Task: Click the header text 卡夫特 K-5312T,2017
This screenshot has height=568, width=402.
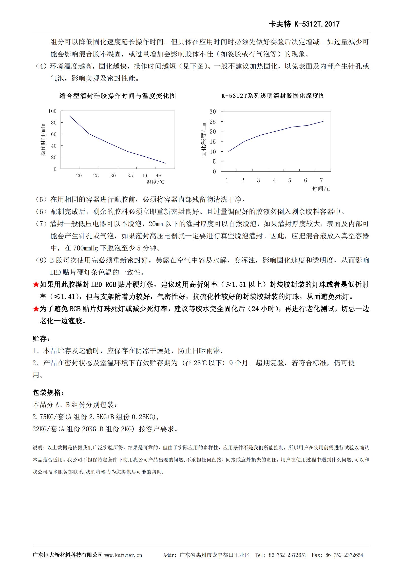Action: (x=304, y=24)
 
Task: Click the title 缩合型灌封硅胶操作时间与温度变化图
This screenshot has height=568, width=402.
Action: (x=118, y=96)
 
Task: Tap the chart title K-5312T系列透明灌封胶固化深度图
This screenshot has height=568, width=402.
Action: (x=273, y=96)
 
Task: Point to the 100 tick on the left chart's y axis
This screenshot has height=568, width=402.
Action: (x=52, y=111)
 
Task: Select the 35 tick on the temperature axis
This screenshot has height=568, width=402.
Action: (x=130, y=176)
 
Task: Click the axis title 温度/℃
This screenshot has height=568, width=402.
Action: (x=156, y=182)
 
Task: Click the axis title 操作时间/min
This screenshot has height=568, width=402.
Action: (x=43, y=140)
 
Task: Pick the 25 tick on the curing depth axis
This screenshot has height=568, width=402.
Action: (x=213, y=122)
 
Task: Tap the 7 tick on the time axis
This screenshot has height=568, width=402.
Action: (x=321, y=180)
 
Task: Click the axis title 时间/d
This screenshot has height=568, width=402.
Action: (x=320, y=189)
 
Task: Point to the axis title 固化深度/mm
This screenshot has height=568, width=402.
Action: (x=204, y=140)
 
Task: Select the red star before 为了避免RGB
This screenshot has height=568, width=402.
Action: (x=36, y=309)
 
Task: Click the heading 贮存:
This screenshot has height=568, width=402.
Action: (x=41, y=339)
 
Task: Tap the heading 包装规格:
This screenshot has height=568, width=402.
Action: (x=48, y=392)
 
